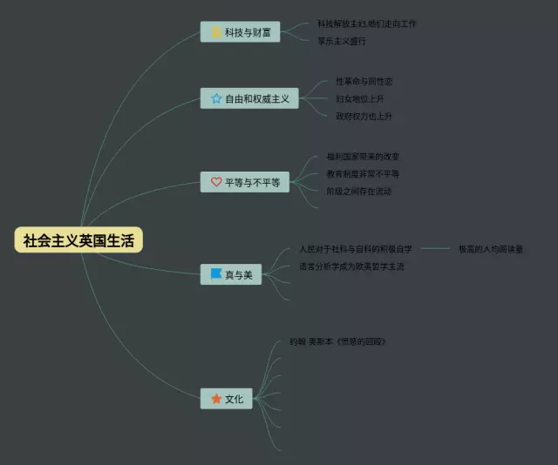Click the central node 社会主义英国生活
click(78, 240)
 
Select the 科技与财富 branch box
click(240, 32)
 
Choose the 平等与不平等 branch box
click(245, 182)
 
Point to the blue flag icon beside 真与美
click(216, 274)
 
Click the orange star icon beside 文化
click(216, 399)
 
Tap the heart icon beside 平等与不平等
click(216, 182)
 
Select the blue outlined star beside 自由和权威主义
click(216, 98)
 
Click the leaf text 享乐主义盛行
click(342, 41)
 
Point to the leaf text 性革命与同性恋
click(364, 81)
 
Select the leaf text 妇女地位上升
click(359, 98)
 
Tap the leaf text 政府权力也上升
click(364, 116)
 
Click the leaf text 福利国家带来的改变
click(363, 157)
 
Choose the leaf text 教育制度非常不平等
click(363, 174)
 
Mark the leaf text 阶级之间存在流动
click(358, 192)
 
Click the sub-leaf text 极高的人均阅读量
click(490, 249)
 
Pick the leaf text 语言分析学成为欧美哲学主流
click(351, 266)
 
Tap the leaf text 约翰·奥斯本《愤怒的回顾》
click(337, 341)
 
